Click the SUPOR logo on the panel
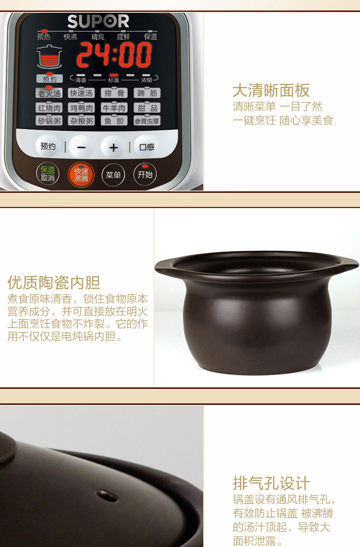[98, 21]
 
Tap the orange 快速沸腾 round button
[81, 175]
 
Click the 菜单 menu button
[113, 175]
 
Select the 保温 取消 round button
[48, 174]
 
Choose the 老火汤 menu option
[49, 93]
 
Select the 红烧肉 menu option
[49, 108]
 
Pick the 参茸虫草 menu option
[147, 121]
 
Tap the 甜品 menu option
[147, 108]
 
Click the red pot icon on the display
[49, 57]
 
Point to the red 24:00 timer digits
[114, 55]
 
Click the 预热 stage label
[43, 37]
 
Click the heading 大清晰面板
[271, 90]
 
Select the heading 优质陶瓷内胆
[54, 283]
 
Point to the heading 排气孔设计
[271, 483]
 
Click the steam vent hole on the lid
[107, 496]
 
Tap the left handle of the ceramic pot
[163, 267]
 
